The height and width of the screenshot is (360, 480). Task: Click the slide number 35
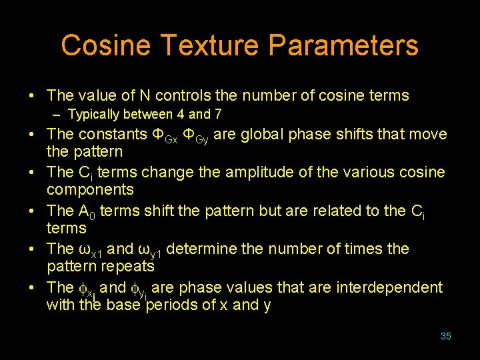(x=446, y=336)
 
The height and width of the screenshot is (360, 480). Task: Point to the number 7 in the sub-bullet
(x=218, y=115)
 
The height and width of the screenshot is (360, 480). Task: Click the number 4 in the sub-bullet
(x=180, y=115)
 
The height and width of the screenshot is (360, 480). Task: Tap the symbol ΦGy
(x=199, y=135)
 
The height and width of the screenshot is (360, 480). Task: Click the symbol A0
(x=86, y=212)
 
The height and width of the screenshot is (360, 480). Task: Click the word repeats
(x=128, y=267)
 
